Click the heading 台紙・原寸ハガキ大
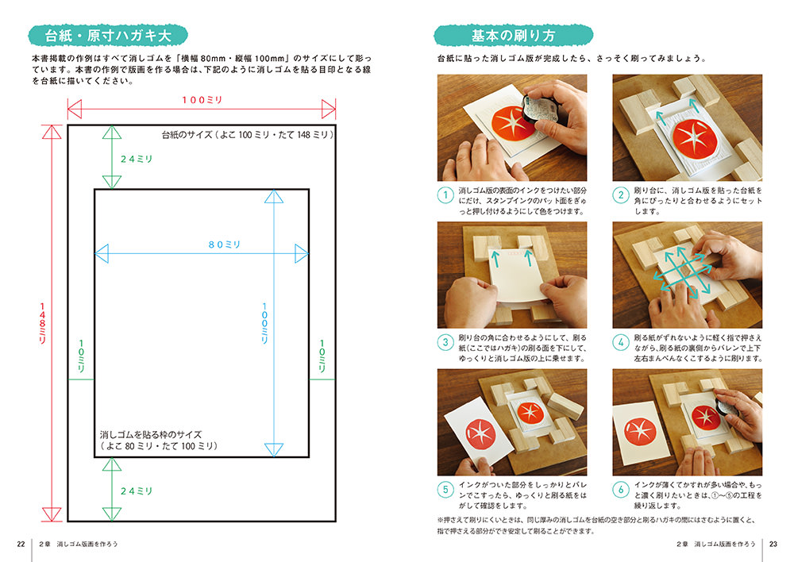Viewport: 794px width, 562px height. click(108, 36)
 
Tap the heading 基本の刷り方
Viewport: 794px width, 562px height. click(513, 36)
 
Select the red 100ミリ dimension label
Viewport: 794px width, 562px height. click(202, 100)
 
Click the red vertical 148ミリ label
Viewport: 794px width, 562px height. click(43, 323)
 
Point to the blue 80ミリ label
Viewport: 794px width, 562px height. click(225, 244)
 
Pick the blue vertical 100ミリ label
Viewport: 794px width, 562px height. click(264, 323)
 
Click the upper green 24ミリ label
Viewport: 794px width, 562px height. click(137, 159)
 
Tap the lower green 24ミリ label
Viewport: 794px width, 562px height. click(137, 491)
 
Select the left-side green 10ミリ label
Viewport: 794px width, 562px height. click(81, 356)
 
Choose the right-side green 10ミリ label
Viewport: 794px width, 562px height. click(322, 356)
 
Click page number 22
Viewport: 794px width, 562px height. click(21, 544)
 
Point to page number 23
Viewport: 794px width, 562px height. click(773, 544)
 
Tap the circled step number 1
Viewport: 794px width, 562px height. click(445, 195)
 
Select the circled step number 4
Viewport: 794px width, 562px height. click(621, 342)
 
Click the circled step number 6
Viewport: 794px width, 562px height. click(621, 489)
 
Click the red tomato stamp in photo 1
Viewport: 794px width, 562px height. click(512, 124)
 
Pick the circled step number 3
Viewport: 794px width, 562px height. click(445, 342)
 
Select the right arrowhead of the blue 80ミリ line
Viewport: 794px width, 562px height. click(302, 253)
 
